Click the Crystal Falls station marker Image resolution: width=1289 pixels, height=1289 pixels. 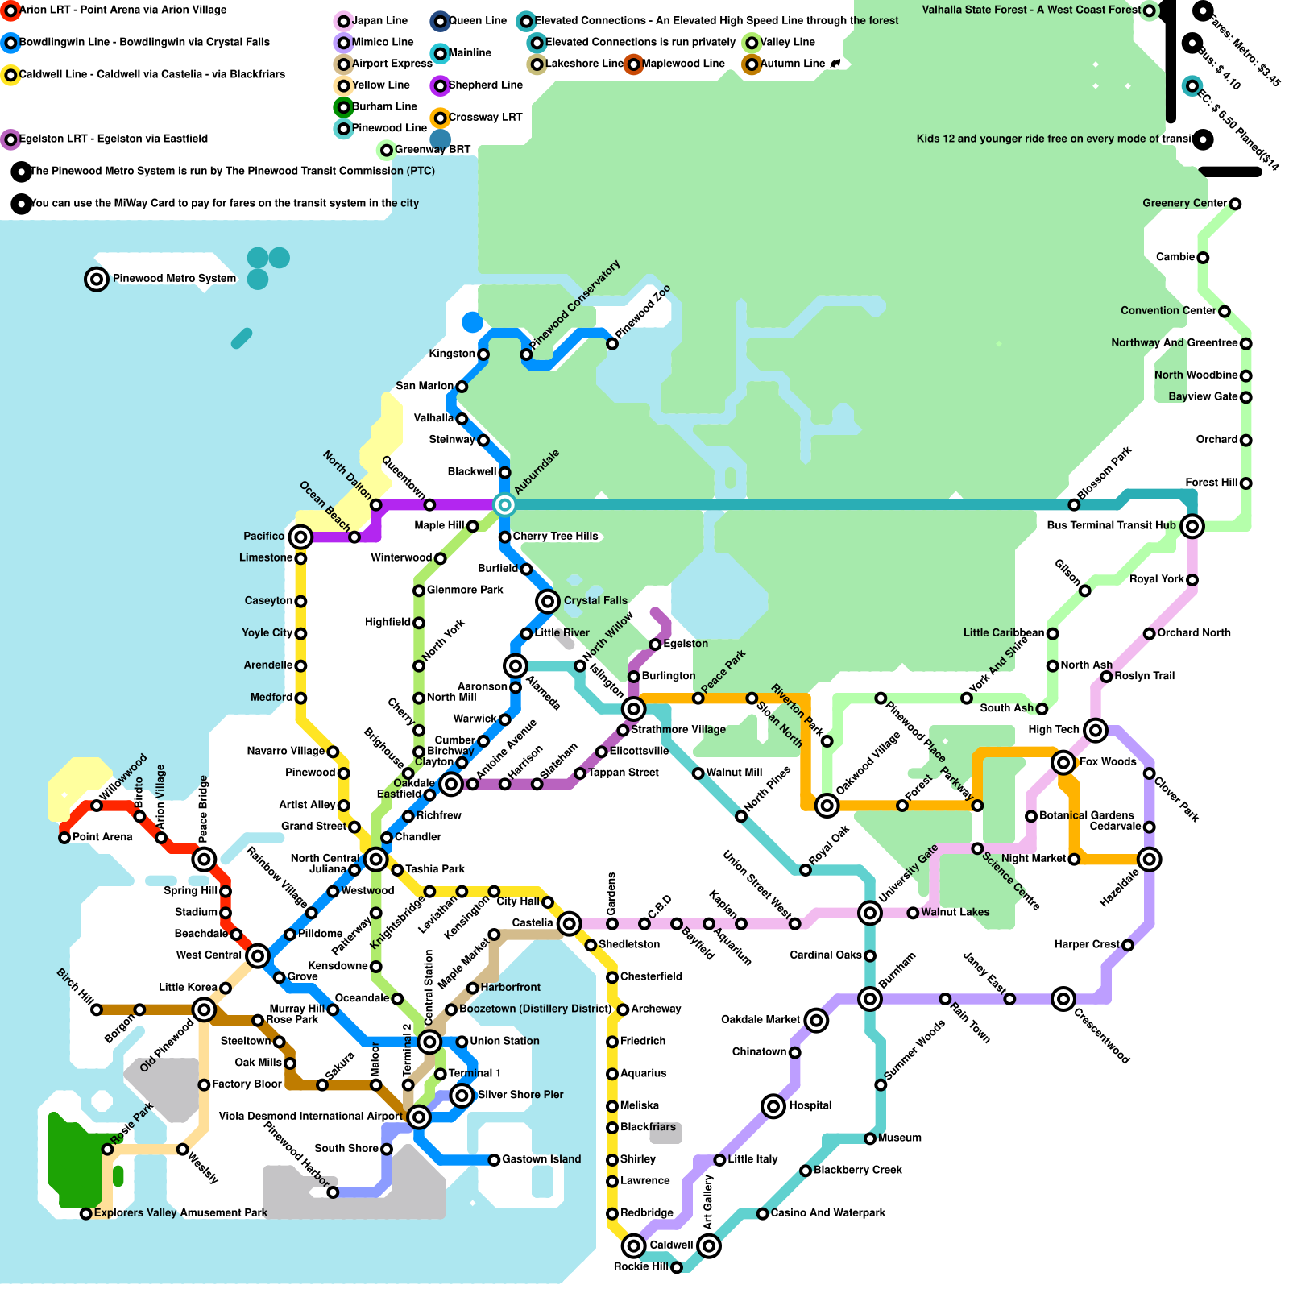[x=548, y=601]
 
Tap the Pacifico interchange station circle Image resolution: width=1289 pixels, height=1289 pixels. [x=300, y=537]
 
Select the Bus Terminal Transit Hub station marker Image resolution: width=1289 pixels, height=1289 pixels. [x=1192, y=526]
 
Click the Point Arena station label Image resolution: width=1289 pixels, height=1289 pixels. [x=102, y=837]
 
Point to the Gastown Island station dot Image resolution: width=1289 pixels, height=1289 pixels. [x=494, y=1160]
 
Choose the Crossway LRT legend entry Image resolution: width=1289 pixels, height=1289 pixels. [x=485, y=118]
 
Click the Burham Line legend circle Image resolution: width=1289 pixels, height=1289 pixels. [x=344, y=106]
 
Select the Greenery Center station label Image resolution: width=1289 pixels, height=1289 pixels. [x=1184, y=203]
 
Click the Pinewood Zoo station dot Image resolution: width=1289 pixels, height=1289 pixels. [x=612, y=344]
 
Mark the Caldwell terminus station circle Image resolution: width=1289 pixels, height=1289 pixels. [x=634, y=1245]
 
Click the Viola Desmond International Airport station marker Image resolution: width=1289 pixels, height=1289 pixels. [x=419, y=1117]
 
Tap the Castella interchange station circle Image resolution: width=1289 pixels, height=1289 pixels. [x=569, y=923]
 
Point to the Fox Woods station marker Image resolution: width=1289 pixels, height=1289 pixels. [x=1063, y=762]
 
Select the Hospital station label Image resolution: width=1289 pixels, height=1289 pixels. [x=810, y=1105]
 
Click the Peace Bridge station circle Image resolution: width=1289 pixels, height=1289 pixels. [x=204, y=859]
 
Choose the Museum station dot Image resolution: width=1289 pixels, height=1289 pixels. [x=870, y=1138]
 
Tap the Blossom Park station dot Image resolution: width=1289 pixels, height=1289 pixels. [x=1074, y=505]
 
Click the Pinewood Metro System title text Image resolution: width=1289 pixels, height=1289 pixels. [x=174, y=279]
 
